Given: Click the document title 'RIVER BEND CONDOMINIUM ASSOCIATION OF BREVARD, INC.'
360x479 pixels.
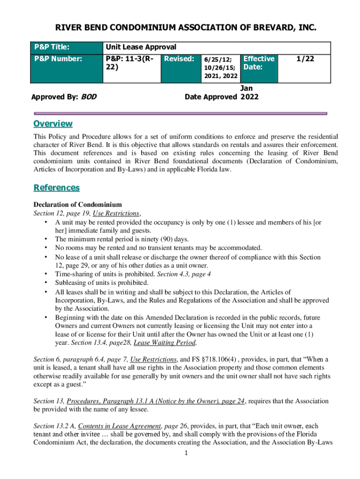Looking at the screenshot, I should (x=180, y=29).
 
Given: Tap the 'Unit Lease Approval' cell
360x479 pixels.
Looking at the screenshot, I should (x=141, y=47).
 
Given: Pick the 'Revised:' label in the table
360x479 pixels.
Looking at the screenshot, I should (x=179, y=59).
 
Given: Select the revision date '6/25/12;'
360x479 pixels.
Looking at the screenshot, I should (x=217, y=60).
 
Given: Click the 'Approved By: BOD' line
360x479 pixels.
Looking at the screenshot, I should (x=60, y=97).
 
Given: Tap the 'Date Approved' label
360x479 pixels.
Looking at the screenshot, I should (x=211, y=97).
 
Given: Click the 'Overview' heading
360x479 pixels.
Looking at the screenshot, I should (x=53, y=123).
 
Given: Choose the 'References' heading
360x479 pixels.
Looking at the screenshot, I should (x=57, y=188).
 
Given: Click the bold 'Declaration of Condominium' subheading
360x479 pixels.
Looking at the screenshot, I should (x=78, y=204).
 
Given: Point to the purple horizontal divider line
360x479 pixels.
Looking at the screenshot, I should (x=180, y=113).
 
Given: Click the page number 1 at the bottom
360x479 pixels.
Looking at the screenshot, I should (x=186, y=453).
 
